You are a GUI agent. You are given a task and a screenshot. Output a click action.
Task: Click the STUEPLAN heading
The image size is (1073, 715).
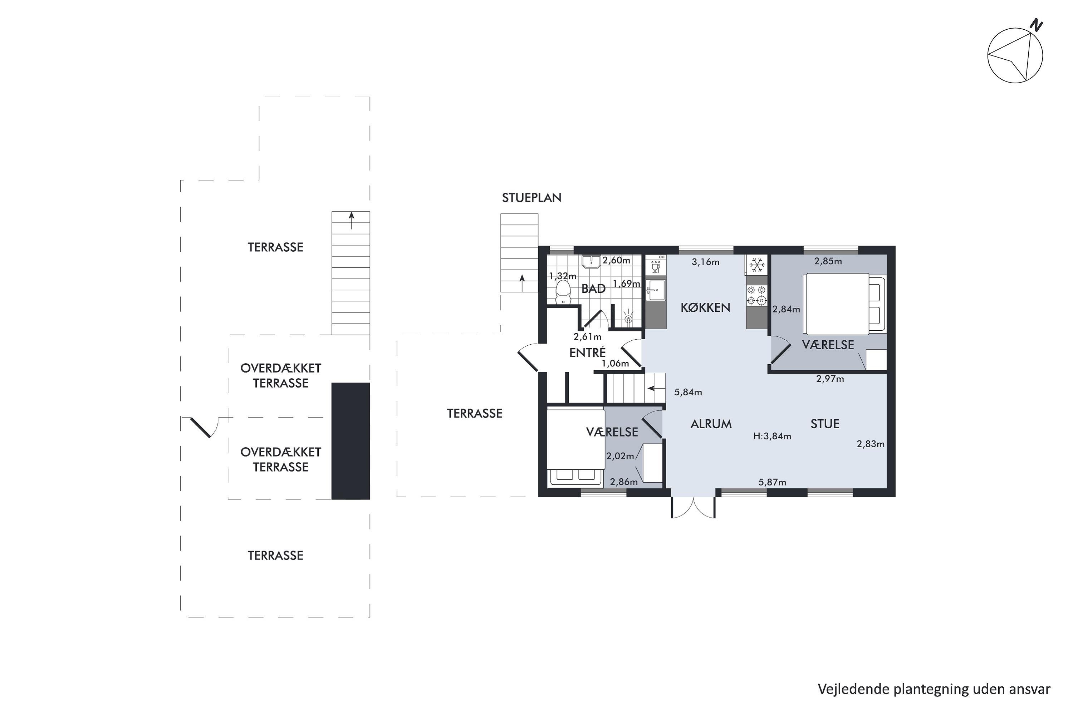tap(531, 197)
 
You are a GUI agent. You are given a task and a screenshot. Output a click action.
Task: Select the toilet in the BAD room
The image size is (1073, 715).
tap(563, 292)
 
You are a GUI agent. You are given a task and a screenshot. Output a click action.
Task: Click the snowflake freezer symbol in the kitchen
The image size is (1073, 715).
tap(757, 265)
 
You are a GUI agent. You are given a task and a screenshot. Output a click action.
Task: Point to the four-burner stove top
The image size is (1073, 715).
tap(756, 295)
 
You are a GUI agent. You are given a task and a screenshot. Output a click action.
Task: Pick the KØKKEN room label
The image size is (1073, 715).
tap(705, 308)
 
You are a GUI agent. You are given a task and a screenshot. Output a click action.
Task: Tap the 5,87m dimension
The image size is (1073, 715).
tap(772, 482)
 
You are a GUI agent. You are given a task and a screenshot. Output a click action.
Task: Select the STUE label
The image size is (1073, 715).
tap(825, 424)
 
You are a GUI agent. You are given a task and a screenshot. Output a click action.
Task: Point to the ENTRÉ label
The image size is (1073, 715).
tap(588, 352)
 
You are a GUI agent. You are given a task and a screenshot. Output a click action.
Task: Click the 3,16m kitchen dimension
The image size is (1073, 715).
tap(705, 262)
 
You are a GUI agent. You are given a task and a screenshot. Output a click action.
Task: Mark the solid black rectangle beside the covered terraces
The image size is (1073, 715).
tap(351, 441)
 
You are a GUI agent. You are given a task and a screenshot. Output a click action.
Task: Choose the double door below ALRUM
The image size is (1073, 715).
tap(693, 507)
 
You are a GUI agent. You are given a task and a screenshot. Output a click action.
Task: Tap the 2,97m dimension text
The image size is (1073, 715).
tap(830, 379)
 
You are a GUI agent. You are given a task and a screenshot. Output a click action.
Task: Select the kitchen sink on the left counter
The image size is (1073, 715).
tap(656, 290)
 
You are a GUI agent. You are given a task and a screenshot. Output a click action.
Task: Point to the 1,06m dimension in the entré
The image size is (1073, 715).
tap(615, 364)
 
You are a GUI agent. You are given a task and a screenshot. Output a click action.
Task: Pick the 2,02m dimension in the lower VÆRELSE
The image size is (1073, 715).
tap(620, 456)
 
